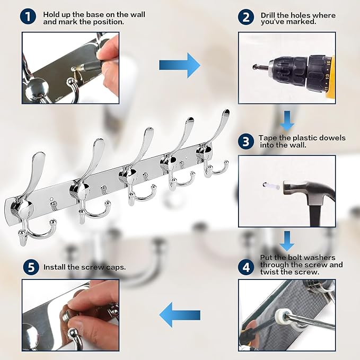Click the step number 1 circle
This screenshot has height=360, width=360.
28,17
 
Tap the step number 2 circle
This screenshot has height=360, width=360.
246,17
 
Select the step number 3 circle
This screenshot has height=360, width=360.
246,141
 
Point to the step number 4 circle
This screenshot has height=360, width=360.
246,267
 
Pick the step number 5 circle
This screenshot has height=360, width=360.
31,267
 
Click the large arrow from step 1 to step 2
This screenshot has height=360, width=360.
180,65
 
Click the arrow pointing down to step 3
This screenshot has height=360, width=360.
287,120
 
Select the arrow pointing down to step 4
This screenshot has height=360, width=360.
287,241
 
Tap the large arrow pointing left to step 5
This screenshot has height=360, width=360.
180,315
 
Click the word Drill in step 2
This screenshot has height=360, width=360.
268,15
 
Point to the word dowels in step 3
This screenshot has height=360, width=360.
332,138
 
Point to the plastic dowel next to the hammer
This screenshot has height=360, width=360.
271,186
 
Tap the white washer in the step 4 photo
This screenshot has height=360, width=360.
283,316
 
